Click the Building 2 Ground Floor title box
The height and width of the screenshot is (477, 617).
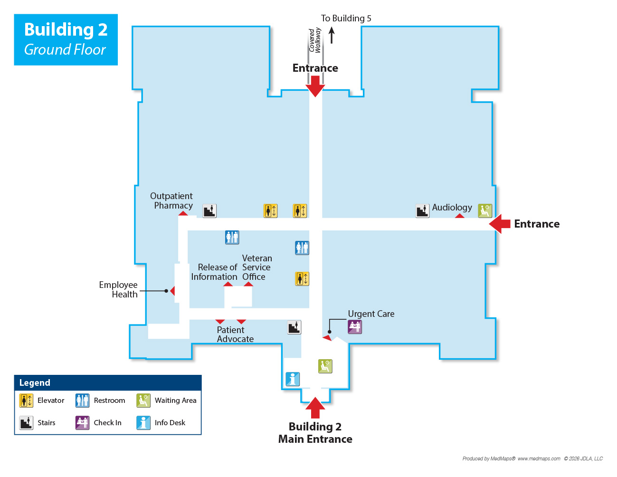(x=66, y=39)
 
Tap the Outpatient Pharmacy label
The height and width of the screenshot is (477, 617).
(x=171, y=200)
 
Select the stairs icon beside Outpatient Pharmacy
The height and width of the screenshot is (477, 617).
(x=209, y=210)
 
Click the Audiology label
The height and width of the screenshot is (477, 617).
(x=452, y=208)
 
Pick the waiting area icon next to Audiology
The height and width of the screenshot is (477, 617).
(x=485, y=210)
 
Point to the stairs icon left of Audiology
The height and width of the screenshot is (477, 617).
(x=422, y=210)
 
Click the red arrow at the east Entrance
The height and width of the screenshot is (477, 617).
(x=500, y=224)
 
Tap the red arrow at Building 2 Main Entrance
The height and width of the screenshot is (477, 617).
(x=315, y=407)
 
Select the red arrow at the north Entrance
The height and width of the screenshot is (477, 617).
(x=315, y=86)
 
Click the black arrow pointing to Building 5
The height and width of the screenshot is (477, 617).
(x=332, y=35)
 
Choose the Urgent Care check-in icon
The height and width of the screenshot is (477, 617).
(x=355, y=327)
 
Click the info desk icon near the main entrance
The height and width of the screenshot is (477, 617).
(x=293, y=379)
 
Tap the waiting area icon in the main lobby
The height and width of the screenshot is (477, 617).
(x=325, y=366)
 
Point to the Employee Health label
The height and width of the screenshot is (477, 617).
(x=118, y=289)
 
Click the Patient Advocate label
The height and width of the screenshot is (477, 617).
(x=235, y=334)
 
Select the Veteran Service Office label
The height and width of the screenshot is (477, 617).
(x=257, y=267)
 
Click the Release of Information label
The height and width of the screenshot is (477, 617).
(x=214, y=272)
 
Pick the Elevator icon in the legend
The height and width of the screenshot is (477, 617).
(x=26, y=401)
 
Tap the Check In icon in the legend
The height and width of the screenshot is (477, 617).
(x=82, y=422)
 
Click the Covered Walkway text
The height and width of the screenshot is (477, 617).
(x=314, y=40)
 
